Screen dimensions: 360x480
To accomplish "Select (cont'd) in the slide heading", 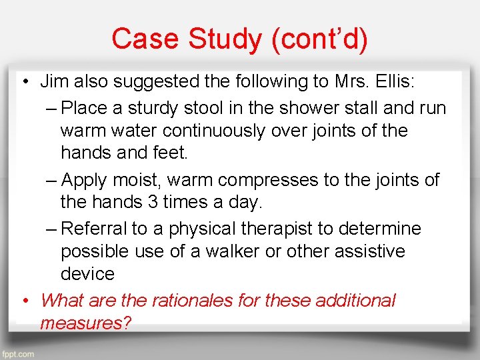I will (x=319, y=39).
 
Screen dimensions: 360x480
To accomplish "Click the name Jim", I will (x=53, y=82).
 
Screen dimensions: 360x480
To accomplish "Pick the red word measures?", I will (x=85, y=323).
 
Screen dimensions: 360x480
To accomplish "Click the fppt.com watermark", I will (x=17, y=354).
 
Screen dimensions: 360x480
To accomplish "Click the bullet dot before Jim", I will (x=23, y=83).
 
